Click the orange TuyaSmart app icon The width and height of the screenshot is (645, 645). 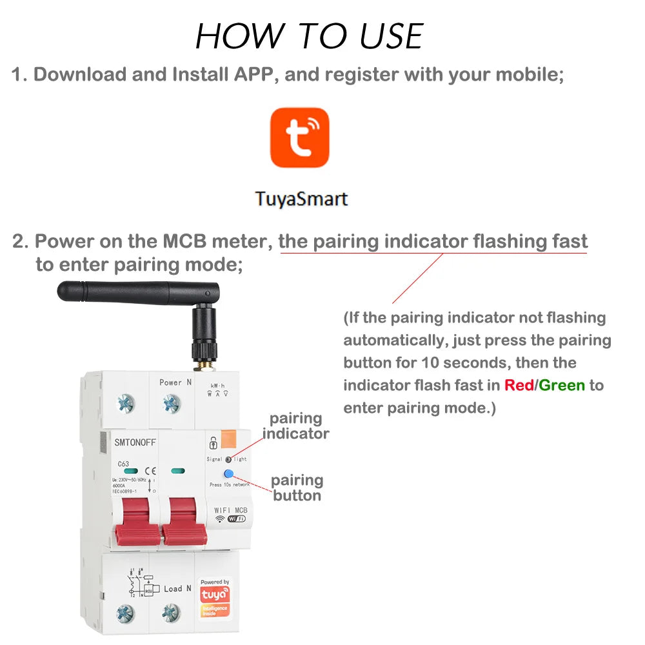[299, 137]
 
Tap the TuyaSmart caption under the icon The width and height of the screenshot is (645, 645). [301, 198]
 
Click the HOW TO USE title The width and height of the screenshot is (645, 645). [309, 36]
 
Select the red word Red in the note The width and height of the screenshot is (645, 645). [519, 385]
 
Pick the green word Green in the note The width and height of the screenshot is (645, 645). [562, 385]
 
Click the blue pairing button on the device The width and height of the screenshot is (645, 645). [228, 474]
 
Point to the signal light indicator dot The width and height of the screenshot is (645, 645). [228, 459]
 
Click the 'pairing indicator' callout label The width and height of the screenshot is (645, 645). [295, 426]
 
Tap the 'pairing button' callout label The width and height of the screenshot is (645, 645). [297, 488]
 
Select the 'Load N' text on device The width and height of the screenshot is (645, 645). [177, 588]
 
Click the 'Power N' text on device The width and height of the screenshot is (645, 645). [175, 382]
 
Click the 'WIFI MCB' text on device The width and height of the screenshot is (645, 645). [230, 510]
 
